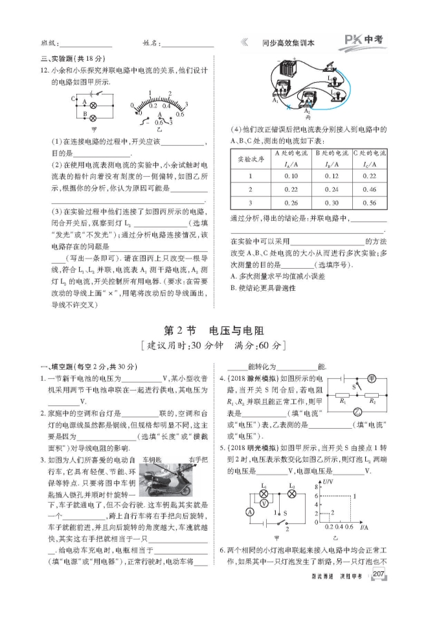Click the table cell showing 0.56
tap(368, 203)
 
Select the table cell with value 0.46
tap(368, 189)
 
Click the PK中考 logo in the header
tap(363, 41)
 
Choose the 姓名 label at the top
tap(151, 43)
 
